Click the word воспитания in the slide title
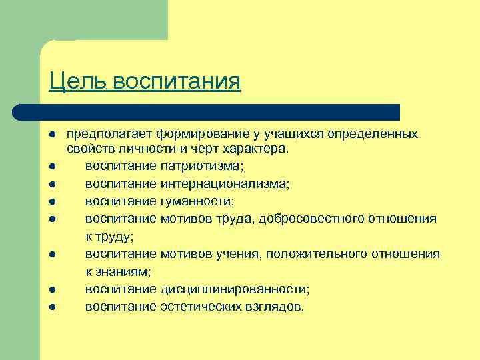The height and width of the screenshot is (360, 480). (177, 81)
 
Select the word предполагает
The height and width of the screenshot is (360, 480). (103, 135)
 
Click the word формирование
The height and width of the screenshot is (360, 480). (184, 135)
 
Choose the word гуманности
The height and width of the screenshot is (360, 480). (198, 201)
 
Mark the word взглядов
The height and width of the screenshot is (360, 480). (276, 307)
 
